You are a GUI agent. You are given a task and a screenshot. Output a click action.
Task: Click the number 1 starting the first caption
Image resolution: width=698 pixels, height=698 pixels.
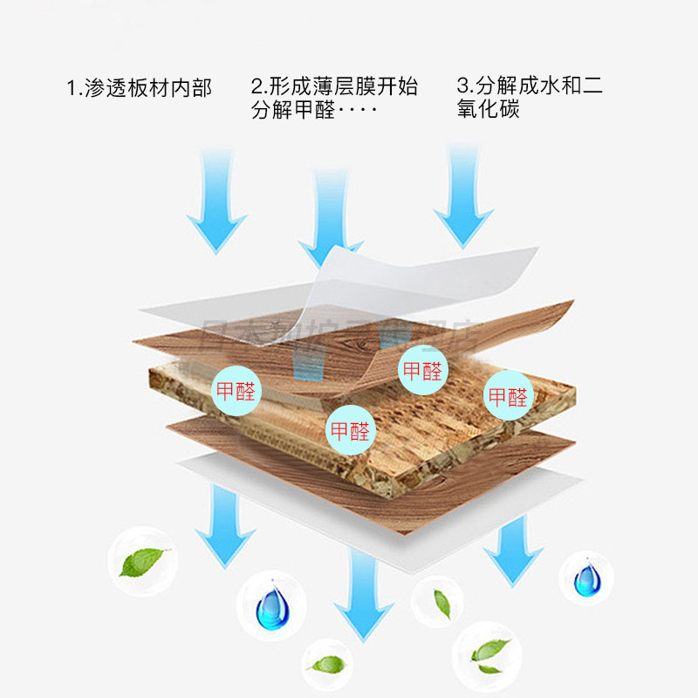(72, 88)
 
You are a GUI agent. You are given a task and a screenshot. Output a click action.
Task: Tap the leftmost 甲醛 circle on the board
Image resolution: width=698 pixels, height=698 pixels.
(236, 390)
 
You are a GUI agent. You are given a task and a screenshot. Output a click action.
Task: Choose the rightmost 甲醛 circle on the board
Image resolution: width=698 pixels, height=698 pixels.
(508, 396)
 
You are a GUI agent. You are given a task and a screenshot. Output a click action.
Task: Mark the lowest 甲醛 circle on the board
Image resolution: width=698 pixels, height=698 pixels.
(348, 429)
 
